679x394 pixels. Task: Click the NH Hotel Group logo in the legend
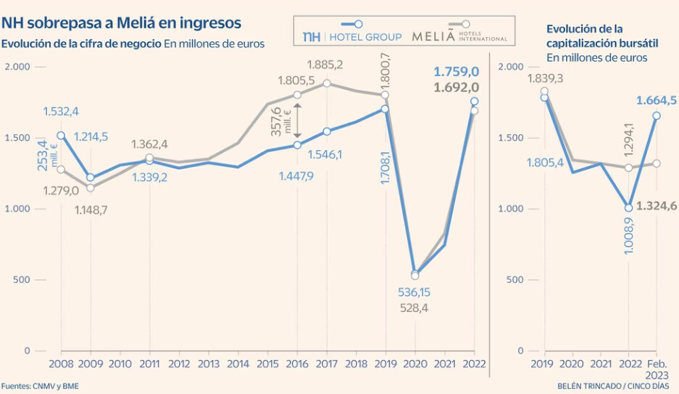(352, 36)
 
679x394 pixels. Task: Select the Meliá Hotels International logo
(459, 36)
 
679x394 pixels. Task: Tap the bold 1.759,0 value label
(457, 72)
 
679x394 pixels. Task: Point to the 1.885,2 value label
(325, 65)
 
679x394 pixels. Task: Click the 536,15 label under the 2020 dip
(414, 292)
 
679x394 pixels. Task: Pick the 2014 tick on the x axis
(238, 364)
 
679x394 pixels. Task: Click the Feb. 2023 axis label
(657, 369)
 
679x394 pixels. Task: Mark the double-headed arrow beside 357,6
(298, 120)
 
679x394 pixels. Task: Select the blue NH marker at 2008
(61, 136)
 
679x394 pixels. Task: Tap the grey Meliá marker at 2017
(327, 83)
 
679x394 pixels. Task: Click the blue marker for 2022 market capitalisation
(628, 208)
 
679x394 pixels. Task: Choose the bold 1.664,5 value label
(656, 101)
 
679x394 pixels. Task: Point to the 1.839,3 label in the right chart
(545, 78)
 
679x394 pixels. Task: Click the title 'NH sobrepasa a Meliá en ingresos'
(121, 22)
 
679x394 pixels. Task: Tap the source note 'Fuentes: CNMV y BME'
(40, 386)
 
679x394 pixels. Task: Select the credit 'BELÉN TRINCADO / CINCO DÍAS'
(613, 386)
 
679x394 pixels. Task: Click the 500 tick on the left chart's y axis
(21, 279)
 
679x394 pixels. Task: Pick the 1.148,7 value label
(91, 210)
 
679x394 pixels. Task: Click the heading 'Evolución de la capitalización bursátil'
(602, 36)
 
